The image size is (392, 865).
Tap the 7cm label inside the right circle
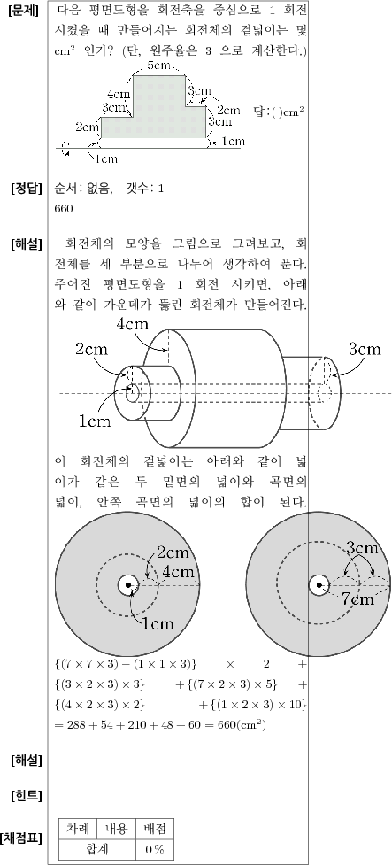357,599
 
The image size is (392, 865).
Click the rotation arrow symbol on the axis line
66,148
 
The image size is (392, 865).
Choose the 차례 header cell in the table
78,828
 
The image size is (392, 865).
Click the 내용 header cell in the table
116,828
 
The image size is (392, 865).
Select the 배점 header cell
154,828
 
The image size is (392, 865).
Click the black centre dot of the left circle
128,584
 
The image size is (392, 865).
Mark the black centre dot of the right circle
319,584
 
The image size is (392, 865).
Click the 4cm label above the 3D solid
133,324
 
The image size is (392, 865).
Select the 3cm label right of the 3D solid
365,349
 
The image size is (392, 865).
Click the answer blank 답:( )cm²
280,112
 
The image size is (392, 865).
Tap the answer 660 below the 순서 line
64,209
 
